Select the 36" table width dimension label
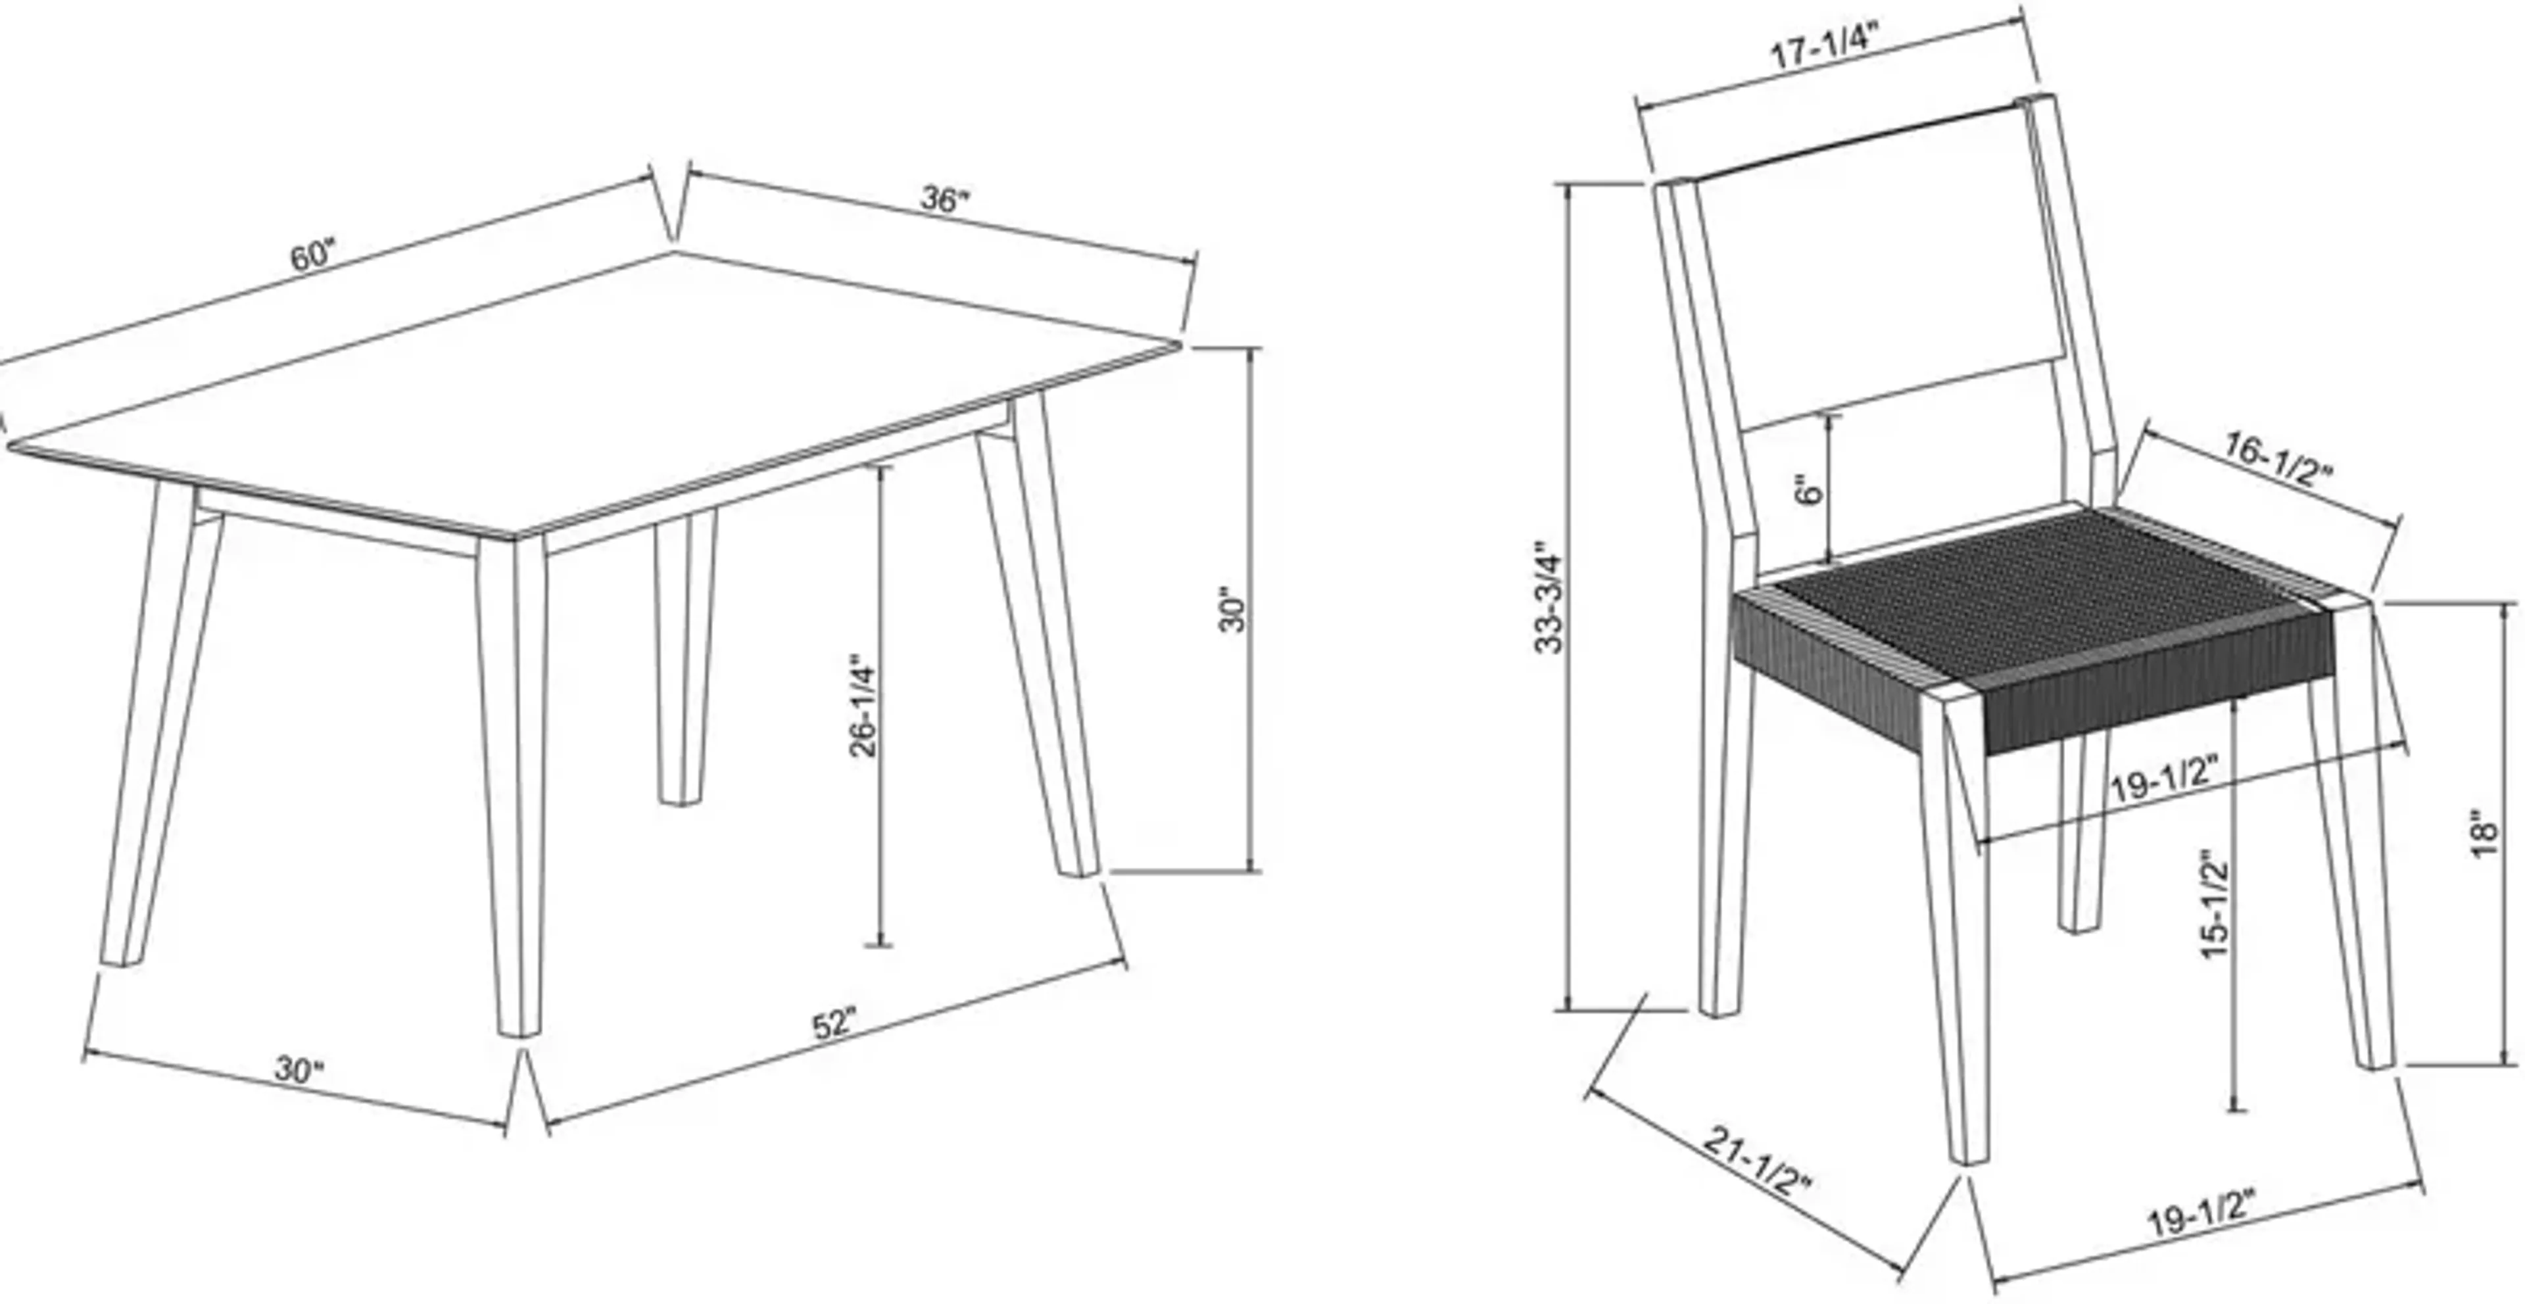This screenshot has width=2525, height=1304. pyautogui.click(x=944, y=199)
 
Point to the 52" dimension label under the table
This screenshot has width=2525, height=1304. pyautogui.click(x=834, y=1024)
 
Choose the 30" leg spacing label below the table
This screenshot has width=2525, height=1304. pyautogui.click(x=298, y=1070)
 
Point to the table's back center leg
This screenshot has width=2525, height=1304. pyautogui.click(x=684, y=657)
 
